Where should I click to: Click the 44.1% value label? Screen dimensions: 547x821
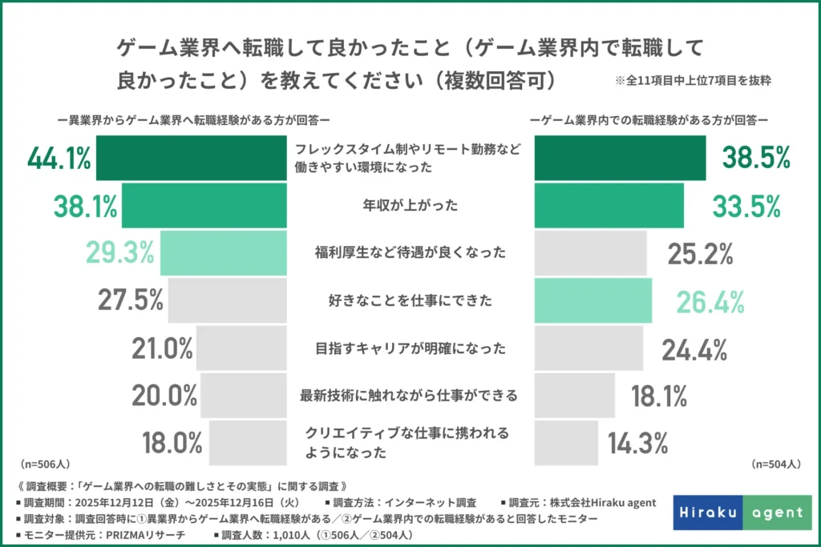[59, 159]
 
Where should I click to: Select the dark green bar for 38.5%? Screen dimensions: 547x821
[620, 159]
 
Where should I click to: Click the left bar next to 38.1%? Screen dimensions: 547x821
[204, 206]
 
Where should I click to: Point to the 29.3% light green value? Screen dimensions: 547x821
[120, 253]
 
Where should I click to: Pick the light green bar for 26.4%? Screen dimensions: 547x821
[592, 301]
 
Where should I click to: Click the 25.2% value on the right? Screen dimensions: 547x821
[701, 253]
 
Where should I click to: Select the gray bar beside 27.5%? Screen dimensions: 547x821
[227, 301]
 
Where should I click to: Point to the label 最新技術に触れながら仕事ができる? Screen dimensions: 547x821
[409, 396]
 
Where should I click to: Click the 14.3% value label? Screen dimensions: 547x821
[638, 443]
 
